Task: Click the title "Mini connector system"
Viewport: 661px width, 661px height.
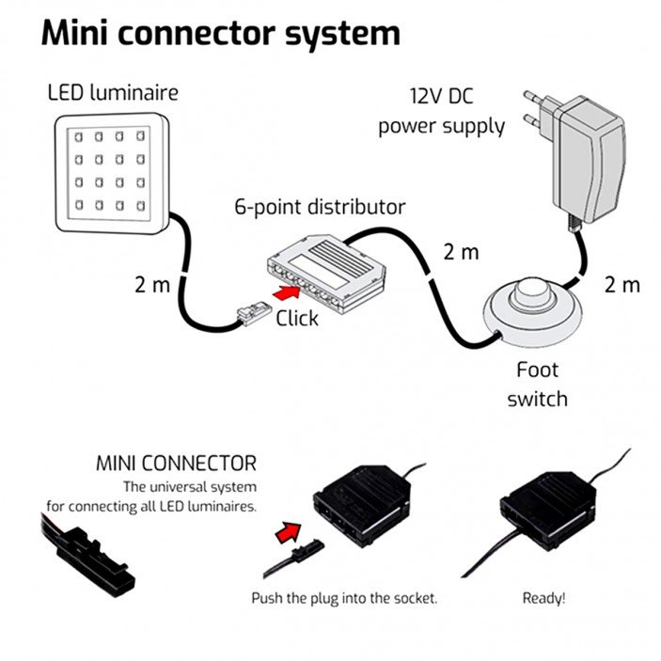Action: (x=221, y=33)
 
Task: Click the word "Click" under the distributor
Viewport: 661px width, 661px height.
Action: (x=296, y=319)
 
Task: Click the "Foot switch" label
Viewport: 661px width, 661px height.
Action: (x=537, y=384)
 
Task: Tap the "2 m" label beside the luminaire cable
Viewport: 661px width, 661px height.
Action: (x=152, y=284)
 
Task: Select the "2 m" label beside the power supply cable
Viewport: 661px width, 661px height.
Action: (x=622, y=284)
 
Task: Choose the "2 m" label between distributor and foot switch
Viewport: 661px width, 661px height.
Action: (x=461, y=252)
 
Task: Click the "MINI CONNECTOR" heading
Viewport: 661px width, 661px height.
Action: (x=176, y=464)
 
